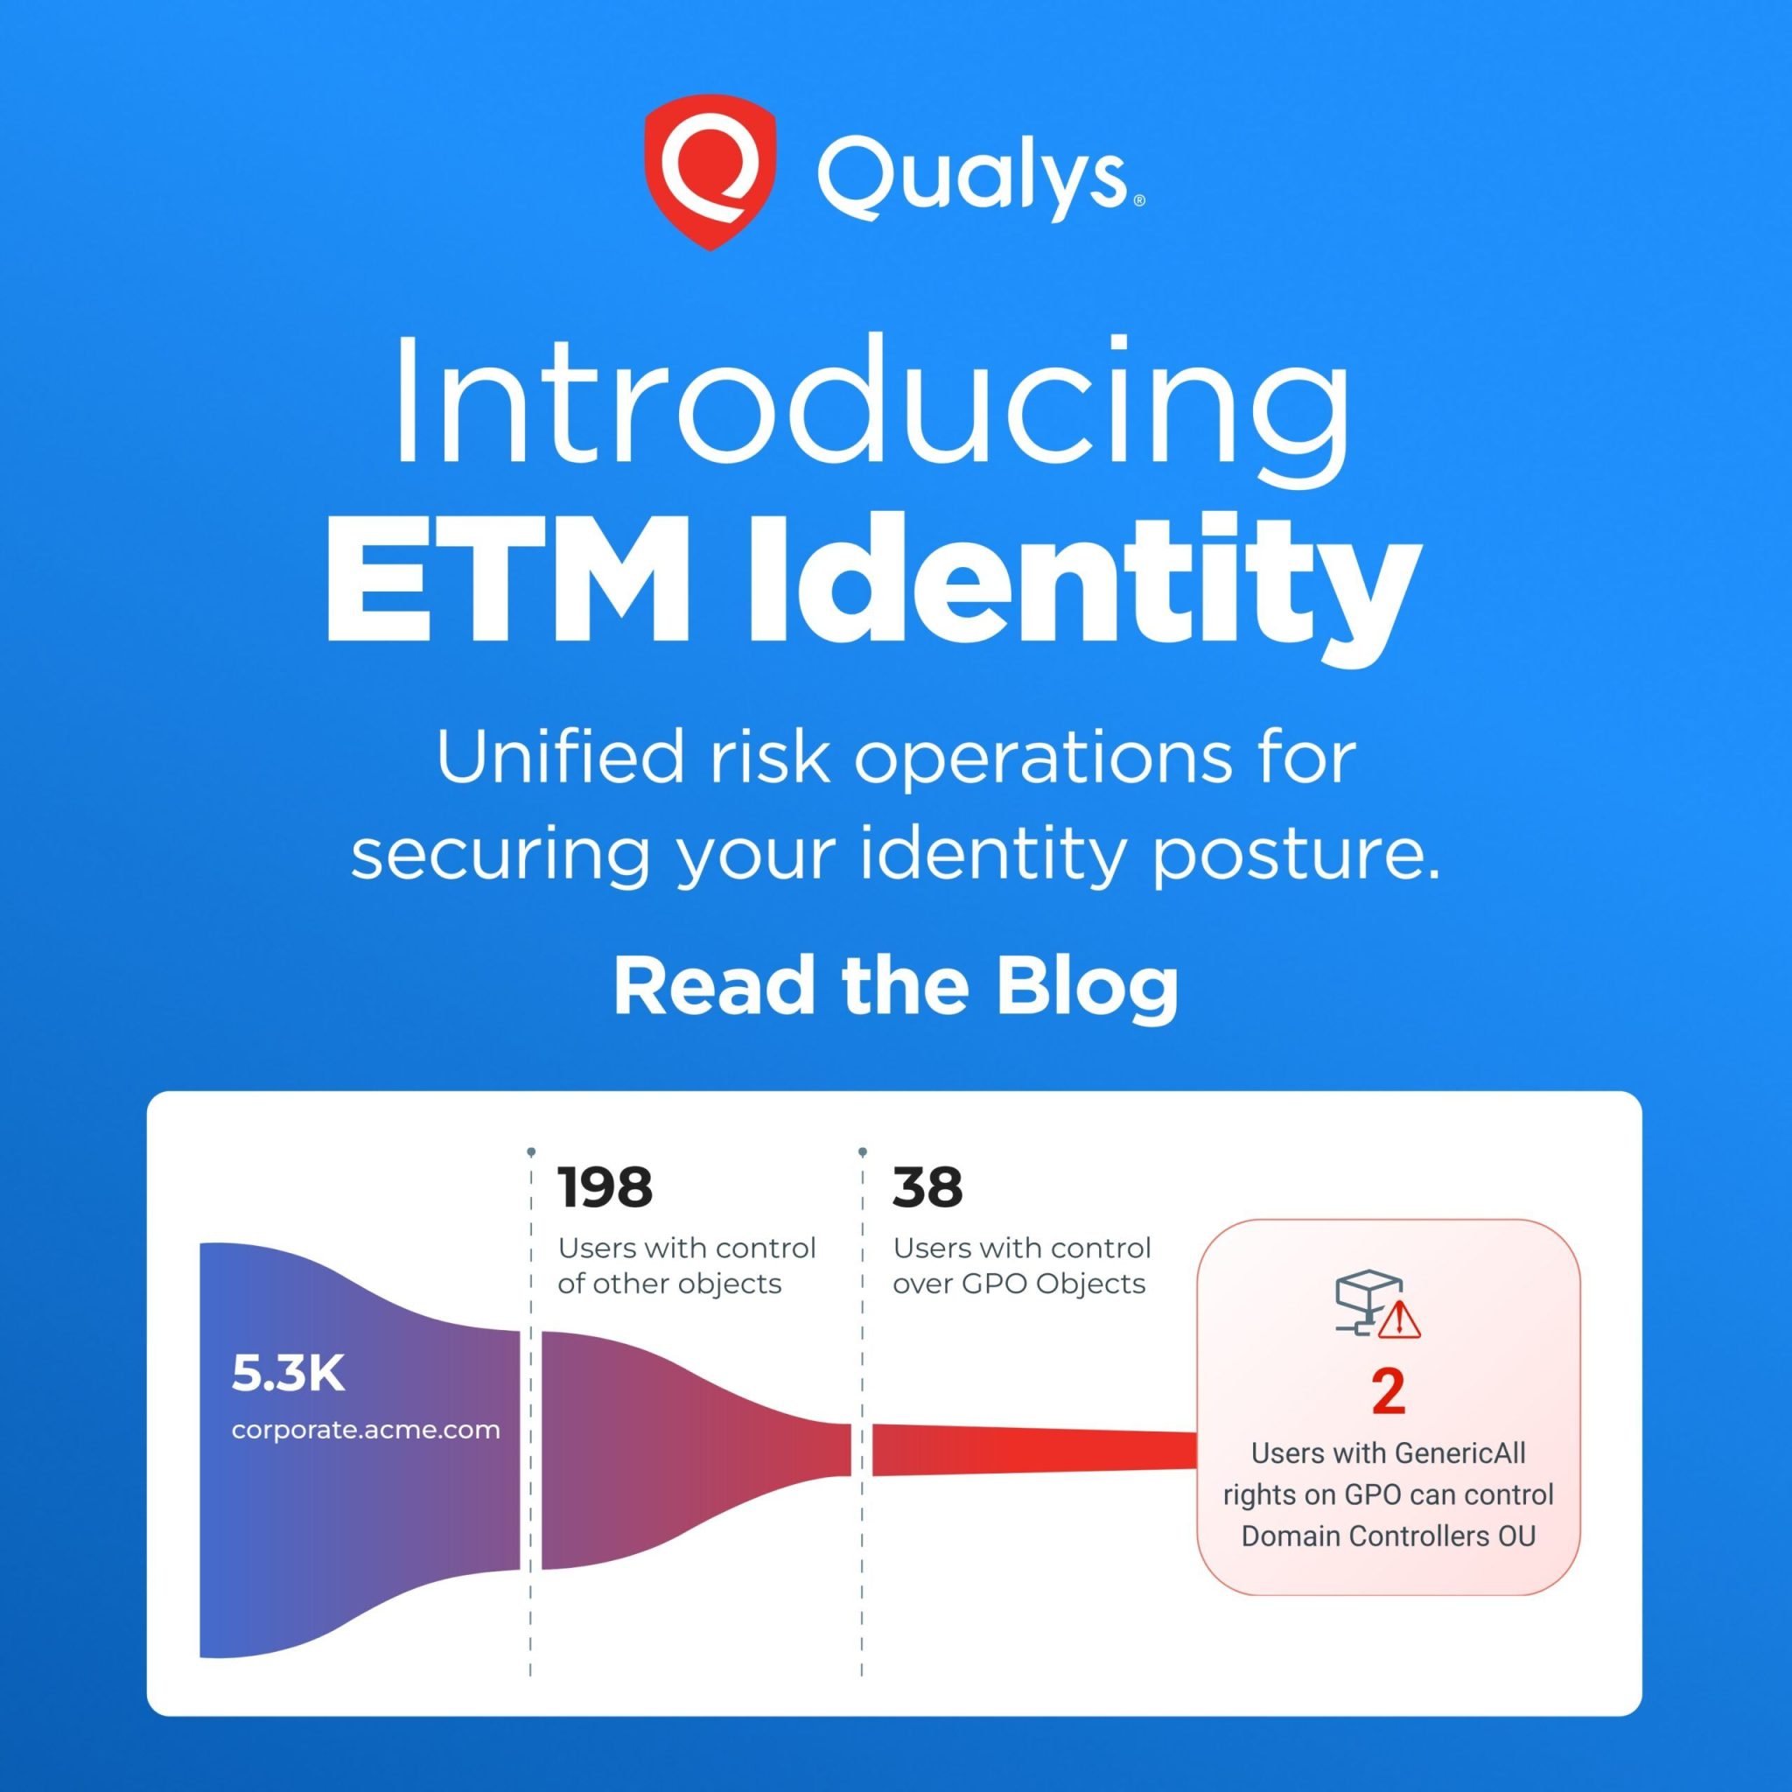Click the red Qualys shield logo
coord(710,171)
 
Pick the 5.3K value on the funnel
coord(288,1374)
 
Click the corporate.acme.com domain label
coord(366,1430)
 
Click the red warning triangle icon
coord(1400,1319)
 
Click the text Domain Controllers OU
coord(1389,1535)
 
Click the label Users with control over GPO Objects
coord(1021,1265)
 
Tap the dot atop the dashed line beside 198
coord(530,1152)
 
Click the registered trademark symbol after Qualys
coord(1139,200)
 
